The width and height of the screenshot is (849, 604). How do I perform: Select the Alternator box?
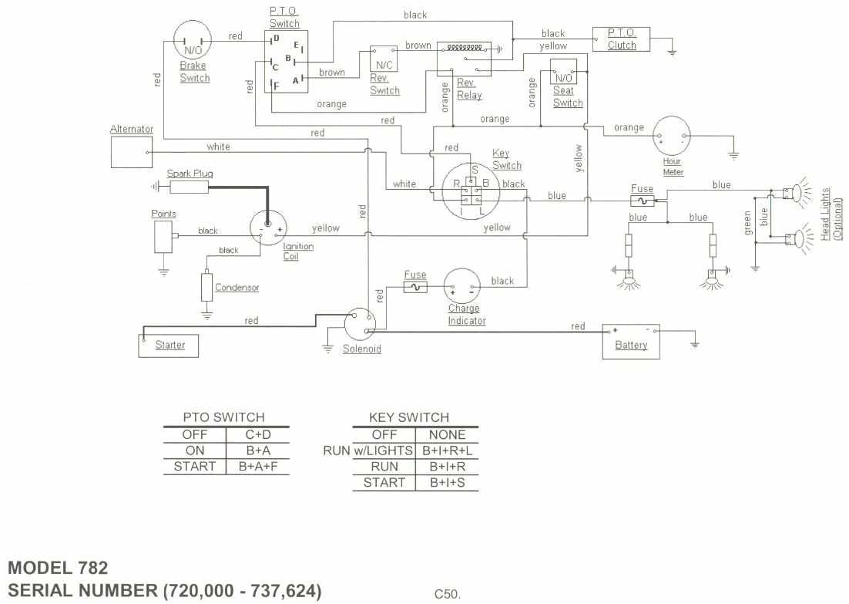pos(132,152)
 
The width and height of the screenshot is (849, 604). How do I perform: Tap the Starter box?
pos(168,345)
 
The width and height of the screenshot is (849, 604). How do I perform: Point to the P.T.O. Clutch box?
pos(621,39)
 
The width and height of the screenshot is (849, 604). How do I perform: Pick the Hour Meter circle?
pos(672,137)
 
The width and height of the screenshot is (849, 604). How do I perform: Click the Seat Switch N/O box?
pos(564,76)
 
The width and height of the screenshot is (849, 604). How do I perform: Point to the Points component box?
pos(163,236)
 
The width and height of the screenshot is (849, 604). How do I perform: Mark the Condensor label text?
pos(237,288)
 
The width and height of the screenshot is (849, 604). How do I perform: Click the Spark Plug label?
pos(190,174)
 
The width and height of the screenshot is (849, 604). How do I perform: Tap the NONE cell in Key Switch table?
pos(447,434)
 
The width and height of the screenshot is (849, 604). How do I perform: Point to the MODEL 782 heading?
pos(58,568)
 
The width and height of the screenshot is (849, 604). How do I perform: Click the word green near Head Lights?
pos(748,222)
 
